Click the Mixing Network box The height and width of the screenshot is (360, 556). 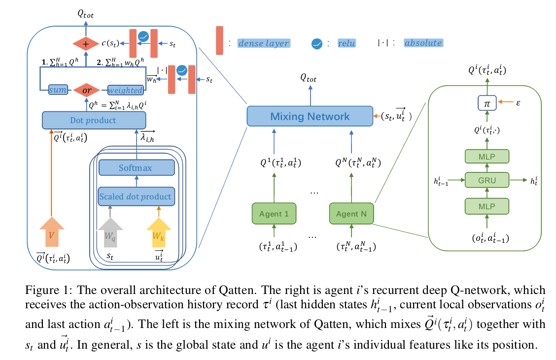(x=310, y=117)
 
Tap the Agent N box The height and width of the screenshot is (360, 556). (x=351, y=214)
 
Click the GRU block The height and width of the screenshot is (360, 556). (x=487, y=180)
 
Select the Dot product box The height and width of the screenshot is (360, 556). (x=94, y=120)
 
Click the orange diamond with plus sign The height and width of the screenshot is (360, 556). (x=87, y=44)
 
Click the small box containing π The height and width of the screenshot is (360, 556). (x=487, y=103)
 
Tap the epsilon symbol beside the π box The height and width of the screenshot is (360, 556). (x=518, y=103)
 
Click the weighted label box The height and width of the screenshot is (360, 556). (x=125, y=91)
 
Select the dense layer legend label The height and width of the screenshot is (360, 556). (x=263, y=43)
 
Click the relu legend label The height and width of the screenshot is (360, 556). (x=346, y=43)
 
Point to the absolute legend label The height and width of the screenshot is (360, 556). (x=423, y=43)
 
